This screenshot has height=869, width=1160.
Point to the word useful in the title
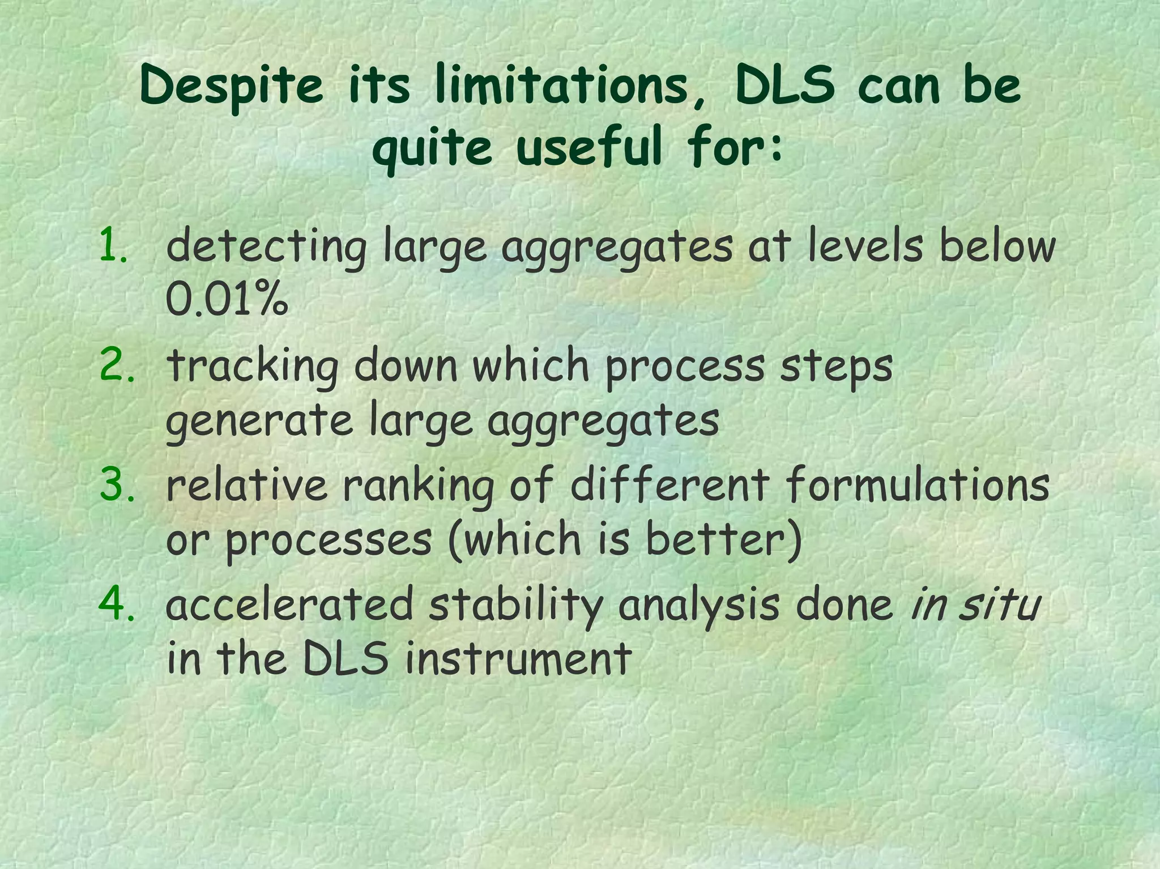pyautogui.click(x=589, y=147)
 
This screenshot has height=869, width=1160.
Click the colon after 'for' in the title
pyautogui.click(x=777, y=148)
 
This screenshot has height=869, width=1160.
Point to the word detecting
pyautogui.click(x=266, y=248)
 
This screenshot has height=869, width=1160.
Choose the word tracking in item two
pyautogui.click(x=253, y=367)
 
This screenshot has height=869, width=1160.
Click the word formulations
pyautogui.click(x=918, y=485)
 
